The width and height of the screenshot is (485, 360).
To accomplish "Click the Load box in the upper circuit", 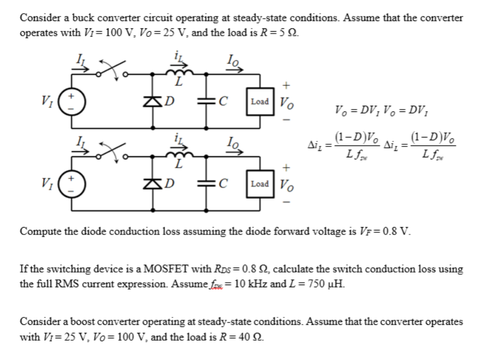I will coord(260,102).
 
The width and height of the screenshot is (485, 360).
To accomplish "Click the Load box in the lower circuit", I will coord(260,183).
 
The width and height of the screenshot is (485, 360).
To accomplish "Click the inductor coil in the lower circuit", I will coord(178,154).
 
